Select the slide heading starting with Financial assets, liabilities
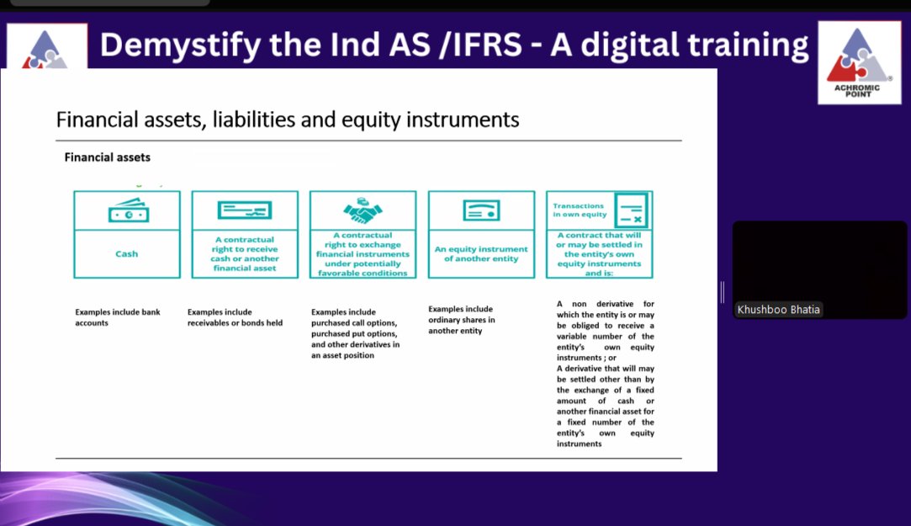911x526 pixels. pyautogui.click(x=287, y=120)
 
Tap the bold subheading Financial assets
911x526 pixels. pyautogui.click(x=108, y=157)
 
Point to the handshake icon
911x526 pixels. pyautogui.click(x=363, y=210)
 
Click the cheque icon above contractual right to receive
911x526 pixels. pyautogui.click(x=245, y=210)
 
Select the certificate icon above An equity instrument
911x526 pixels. pyautogui.click(x=480, y=210)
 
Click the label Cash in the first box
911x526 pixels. pyautogui.click(x=127, y=253)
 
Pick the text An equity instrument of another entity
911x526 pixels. pyautogui.click(x=481, y=253)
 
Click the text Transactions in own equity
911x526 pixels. pyautogui.click(x=579, y=210)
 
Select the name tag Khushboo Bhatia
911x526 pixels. pyautogui.click(x=778, y=310)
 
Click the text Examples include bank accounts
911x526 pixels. pyautogui.click(x=118, y=317)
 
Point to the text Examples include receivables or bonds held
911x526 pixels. pyautogui.click(x=235, y=317)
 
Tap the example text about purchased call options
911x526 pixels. pyautogui.click(x=355, y=333)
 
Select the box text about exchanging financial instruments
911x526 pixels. pyautogui.click(x=363, y=254)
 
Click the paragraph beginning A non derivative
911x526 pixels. pyautogui.click(x=605, y=330)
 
